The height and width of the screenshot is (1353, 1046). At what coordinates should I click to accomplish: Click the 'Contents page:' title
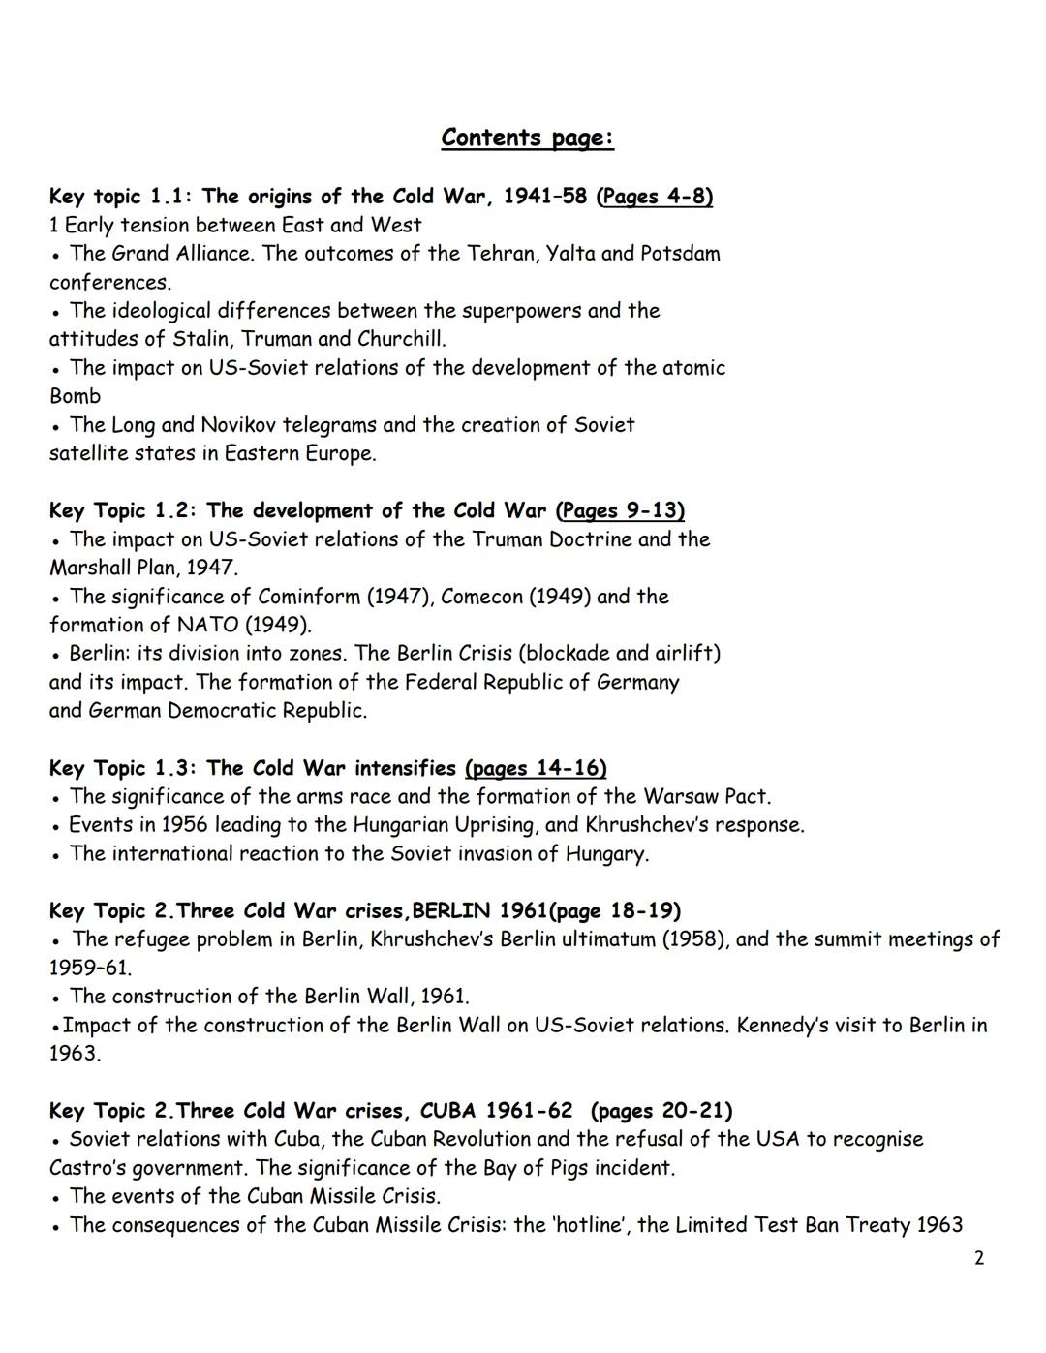(x=527, y=138)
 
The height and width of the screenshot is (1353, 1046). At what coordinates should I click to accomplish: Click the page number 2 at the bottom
(x=978, y=1258)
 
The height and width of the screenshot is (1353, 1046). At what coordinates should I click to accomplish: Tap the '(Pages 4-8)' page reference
(x=656, y=197)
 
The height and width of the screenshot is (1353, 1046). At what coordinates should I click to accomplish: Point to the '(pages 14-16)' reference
(x=536, y=768)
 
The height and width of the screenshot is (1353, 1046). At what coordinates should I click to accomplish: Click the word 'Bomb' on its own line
(x=75, y=396)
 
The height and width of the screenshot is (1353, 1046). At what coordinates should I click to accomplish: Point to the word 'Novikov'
(x=239, y=425)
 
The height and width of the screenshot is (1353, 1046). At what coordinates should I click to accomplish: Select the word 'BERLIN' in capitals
(x=451, y=911)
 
